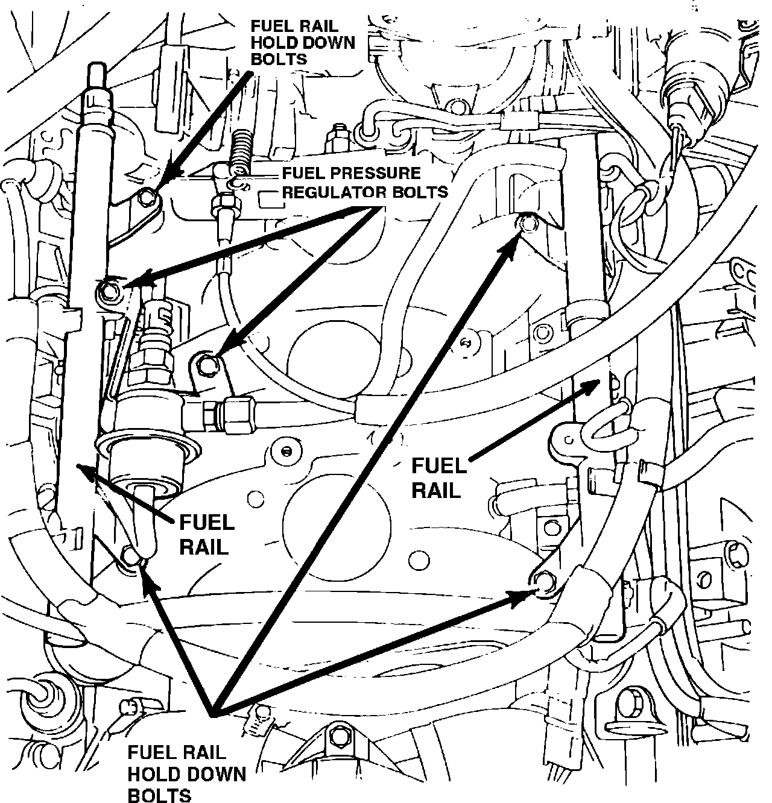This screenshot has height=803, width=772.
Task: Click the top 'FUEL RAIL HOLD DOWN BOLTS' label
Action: [x=302, y=42]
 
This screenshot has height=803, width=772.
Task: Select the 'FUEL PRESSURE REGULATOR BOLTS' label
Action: [x=365, y=183]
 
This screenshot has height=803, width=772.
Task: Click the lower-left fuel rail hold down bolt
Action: [x=130, y=555]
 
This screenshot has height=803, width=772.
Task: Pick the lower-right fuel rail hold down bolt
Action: [x=543, y=581]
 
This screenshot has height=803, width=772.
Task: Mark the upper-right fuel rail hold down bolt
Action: [x=527, y=224]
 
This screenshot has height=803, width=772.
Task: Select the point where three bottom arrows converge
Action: [x=211, y=713]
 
